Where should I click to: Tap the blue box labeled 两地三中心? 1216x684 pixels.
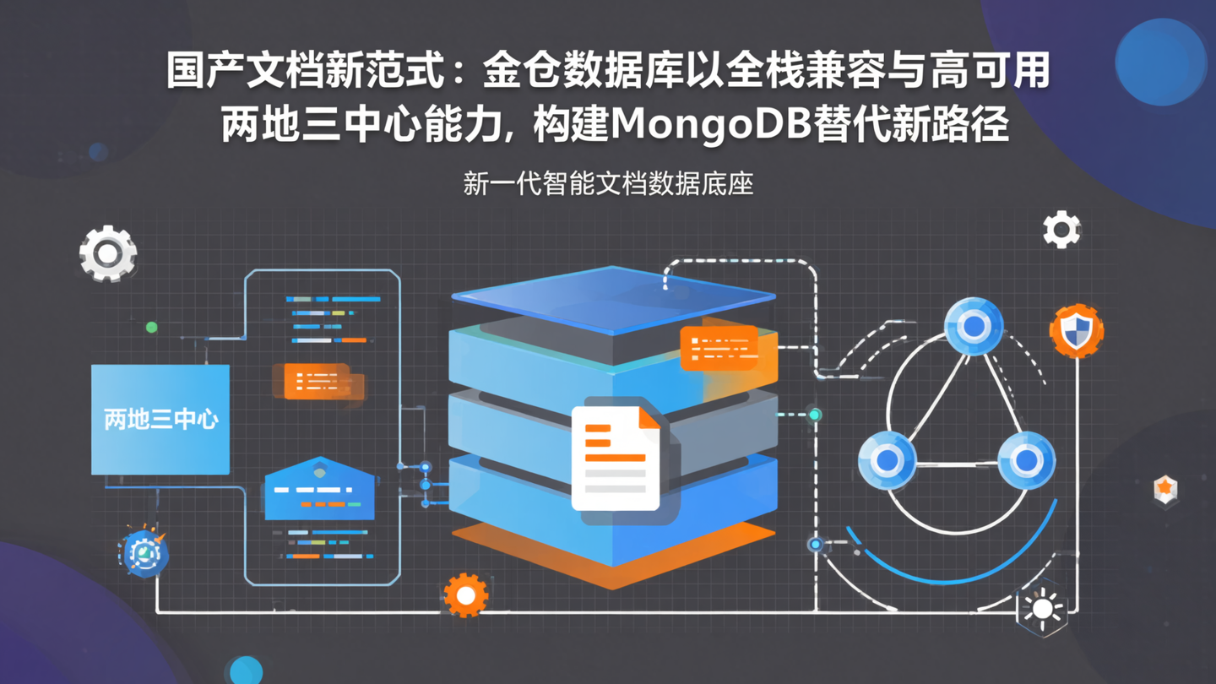(x=160, y=419)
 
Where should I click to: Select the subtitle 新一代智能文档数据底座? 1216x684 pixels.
(x=608, y=183)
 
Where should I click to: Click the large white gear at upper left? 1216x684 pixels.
(x=108, y=252)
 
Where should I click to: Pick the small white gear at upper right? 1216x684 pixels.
(x=1061, y=230)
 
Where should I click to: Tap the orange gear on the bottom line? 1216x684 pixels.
(x=465, y=595)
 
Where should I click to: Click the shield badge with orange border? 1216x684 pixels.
(x=1076, y=330)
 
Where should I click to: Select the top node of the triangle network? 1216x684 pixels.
(x=974, y=326)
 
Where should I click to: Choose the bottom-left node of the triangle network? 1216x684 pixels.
(x=887, y=460)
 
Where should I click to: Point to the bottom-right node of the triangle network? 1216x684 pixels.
(x=1026, y=460)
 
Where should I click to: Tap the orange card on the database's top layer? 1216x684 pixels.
(x=719, y=348)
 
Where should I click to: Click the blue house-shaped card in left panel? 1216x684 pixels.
(x=320, y=491)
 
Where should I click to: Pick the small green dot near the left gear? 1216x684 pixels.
(x=152, y=327)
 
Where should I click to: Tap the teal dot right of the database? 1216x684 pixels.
(x=815, y=415)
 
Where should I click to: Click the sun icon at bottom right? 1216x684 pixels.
(x=1043, y=609)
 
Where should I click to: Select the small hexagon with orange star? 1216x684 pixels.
(x=1165, y=489)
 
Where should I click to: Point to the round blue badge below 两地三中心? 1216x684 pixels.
(x=144, y=554)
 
